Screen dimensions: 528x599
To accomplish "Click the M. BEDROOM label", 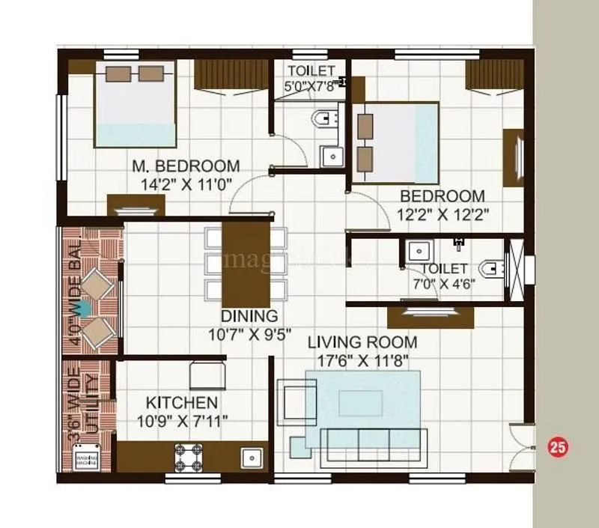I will pos(186,166).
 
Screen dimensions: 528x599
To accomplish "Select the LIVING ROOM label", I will pos(363,343).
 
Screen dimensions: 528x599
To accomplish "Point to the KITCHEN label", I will pos(182,403).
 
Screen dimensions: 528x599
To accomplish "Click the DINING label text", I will pos(249,316).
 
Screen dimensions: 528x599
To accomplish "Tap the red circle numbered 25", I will pos(558,447).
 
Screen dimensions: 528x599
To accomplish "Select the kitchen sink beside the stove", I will pos(250,455).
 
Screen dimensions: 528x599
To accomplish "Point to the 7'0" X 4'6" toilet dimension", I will pos(444,283).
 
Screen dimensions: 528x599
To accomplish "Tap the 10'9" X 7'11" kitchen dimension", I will pos(182,420).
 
